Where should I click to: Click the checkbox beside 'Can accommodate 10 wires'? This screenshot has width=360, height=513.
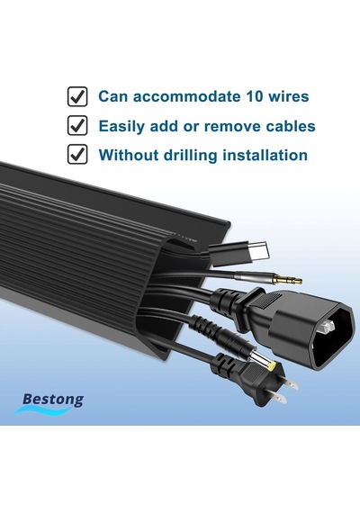point(77,96)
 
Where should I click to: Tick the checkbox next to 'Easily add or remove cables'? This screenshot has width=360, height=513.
point(77,125)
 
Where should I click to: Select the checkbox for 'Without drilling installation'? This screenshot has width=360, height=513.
point(77,155)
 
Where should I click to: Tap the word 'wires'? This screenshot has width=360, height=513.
point(288,96)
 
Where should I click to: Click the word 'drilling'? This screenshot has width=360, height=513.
point(190,155)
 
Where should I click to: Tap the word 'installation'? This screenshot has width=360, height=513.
point(265,155)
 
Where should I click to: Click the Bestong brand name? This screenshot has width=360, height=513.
point(53,400)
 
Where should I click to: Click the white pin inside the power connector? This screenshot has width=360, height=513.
point(328,326)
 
